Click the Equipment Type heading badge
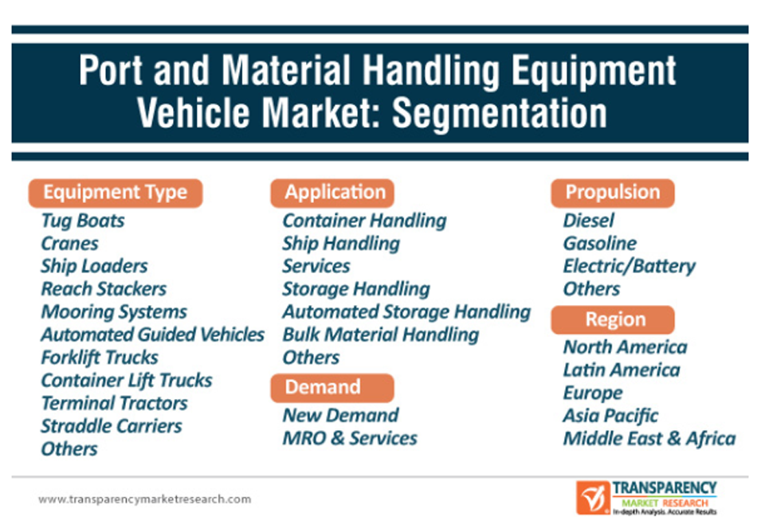(x=116, y=193)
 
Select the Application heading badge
(x=332, y=193)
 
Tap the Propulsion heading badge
(x=613, y=193)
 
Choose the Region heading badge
(x=613, y=319)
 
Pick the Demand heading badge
(x=332, y=388)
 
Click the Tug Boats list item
(x=83, y=221)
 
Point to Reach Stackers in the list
(x=104, y=289)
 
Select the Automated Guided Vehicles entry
(x=153, y=334)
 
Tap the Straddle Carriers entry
(x=112, y=426)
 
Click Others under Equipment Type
(x=69, y=449)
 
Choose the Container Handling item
(x=364, y=221)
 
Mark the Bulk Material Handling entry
(x=381, y=335)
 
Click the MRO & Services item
(x=350, y=438)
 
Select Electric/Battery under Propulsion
(x=630, y=266)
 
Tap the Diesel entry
(x=589, y=221)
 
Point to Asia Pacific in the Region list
(x=610, y=416)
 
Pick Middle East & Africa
(x=649, y=438)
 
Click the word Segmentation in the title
(x=500, y=113)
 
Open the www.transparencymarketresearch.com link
(x=144, y=499)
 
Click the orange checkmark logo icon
(x=593, y=498)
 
